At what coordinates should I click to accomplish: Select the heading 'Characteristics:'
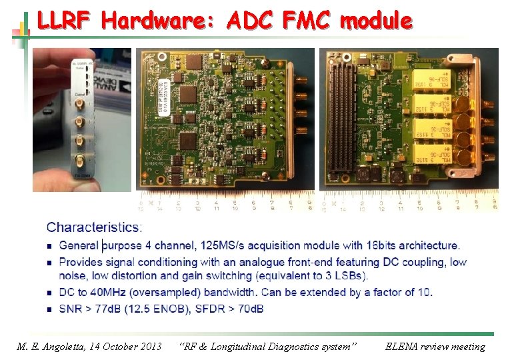click(x=94, y=228)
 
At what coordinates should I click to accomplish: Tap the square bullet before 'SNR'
click(x=49, y=309)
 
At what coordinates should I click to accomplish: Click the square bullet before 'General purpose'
click(x=49, y=247)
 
